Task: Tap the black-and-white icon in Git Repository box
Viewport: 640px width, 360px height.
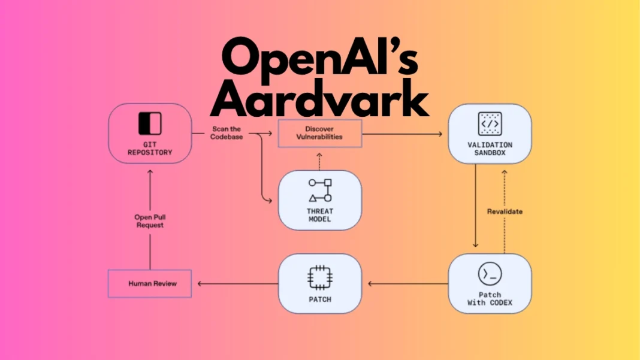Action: coord(150,123)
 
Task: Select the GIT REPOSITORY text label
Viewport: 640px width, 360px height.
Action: coord(150,148)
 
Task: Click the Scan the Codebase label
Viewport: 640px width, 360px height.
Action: coord(227,132)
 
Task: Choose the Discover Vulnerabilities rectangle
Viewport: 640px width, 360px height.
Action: coord(319,133)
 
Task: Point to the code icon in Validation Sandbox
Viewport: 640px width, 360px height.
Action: coord(490,123)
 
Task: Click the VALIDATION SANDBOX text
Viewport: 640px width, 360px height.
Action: coord(490,149)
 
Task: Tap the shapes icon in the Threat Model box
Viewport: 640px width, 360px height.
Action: coord(320,190)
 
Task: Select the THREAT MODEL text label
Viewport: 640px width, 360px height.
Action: coord(320,215)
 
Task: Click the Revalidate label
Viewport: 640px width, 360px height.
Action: coord(504,211)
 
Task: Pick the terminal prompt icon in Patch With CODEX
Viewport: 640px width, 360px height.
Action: coord(490,274)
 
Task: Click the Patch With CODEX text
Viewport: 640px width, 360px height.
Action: coord(490,298)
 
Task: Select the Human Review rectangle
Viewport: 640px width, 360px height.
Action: coord(149,283)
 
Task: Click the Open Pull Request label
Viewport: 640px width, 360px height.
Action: coord(149,221)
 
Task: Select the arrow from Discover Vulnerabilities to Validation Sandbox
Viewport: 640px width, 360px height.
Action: coord(404,134)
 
